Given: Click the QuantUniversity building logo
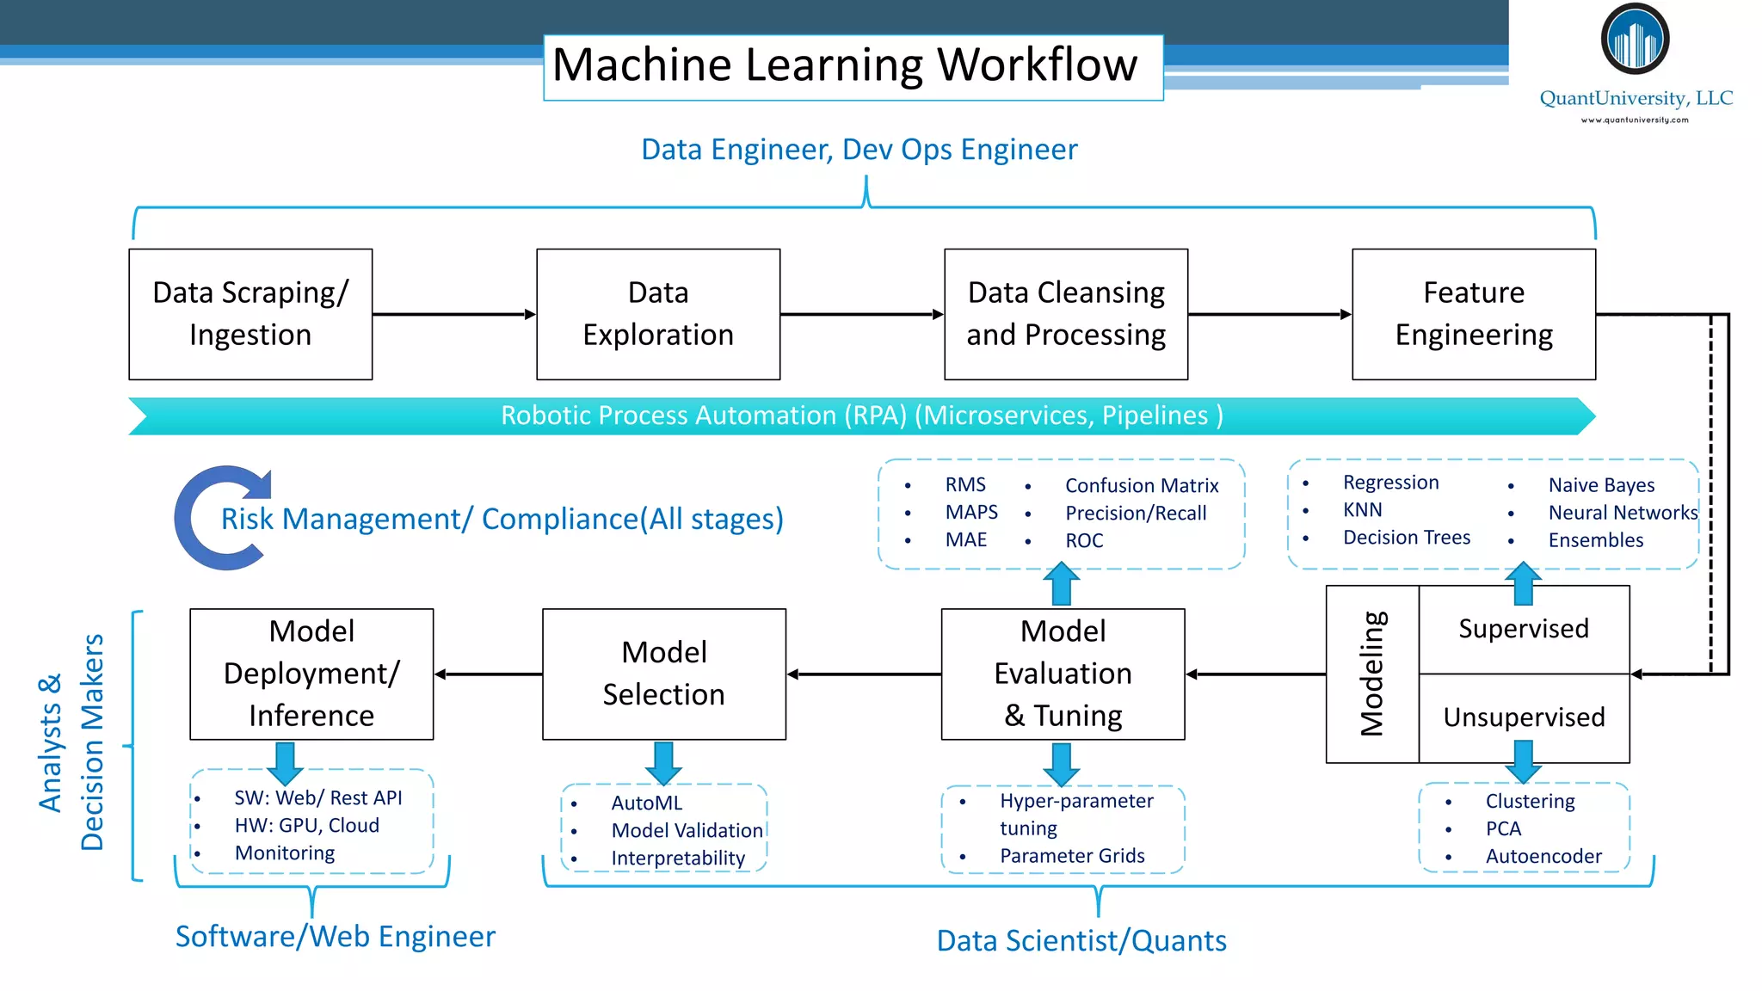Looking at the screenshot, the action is coord(1635,39).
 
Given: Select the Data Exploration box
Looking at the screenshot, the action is coord(658,314).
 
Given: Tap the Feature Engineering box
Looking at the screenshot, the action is coord(1474,314).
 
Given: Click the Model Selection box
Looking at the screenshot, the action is coord(664,674).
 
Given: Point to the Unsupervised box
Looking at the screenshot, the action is coord(1524,718).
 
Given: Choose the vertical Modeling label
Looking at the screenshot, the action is coord(1372,674).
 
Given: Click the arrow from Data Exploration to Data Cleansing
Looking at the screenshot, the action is coord(862,314).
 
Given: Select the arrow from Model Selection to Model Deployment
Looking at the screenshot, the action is coord(489,674).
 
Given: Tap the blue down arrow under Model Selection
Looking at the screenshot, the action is coord(663,763).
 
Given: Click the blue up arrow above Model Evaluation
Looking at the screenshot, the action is coord(1062,583).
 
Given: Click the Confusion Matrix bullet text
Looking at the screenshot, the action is coord(1142,486).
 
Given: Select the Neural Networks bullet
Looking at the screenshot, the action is coord(1623,513).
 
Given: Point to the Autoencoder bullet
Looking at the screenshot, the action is coord(1543,856).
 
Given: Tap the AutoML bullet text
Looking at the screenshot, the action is coord(647,803).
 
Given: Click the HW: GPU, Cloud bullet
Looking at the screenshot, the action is coord(306,825).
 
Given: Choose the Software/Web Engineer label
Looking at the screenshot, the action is coord(336,936).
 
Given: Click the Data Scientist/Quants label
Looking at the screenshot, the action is coord(1081,940).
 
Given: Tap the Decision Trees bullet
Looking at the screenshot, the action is coord(1407,538).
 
